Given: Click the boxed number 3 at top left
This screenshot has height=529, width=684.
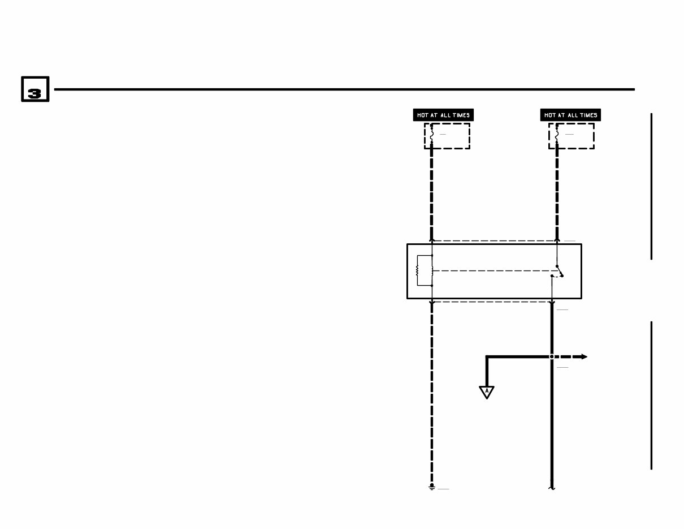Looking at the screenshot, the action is [x=35, y=89].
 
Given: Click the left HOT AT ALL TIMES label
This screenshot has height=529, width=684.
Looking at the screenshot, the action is [x=443, y=115].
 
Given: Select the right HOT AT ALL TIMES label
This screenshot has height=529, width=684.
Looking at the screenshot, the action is [x=570, y=115].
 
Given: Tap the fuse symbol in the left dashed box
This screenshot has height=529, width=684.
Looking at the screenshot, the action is [x=432, y=135].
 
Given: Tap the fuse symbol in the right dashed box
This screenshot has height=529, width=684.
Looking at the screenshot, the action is [x=557, y=135].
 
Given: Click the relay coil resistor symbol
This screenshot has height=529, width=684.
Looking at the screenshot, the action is [x=418, y=271].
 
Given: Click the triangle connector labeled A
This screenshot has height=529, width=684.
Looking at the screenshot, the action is [x=487, y=392].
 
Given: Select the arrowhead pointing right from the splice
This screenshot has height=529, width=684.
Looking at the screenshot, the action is [x=584, y=357].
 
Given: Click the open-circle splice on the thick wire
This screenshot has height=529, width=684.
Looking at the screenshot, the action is [x=552, y=357].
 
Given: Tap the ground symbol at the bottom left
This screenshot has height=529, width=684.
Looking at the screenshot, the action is [x=432, y=487].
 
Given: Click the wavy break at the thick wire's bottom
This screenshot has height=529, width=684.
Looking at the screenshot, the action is [x=552, y=486].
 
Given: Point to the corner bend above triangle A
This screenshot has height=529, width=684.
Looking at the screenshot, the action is [x=487, y=357].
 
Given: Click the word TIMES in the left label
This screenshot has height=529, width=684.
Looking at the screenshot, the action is [x=461, y=115].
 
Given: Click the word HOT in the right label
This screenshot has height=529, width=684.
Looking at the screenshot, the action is [x=549, y=115].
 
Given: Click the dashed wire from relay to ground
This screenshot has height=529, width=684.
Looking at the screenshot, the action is [x=432, y=396].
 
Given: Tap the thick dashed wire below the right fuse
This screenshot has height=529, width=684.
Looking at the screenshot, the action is [x=557, y=192].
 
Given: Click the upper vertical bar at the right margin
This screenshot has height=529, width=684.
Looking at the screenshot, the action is [x=652, y=187].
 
